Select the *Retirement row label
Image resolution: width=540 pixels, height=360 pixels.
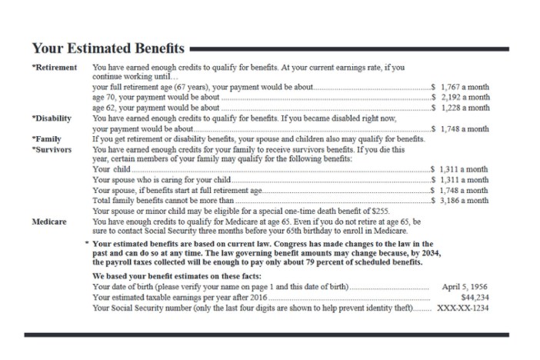[55, 68]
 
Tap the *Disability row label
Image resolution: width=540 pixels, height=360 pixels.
[54, 119]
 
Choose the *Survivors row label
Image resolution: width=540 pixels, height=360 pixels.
[52, 149]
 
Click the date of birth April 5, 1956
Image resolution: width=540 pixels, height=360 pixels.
[465, 286]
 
